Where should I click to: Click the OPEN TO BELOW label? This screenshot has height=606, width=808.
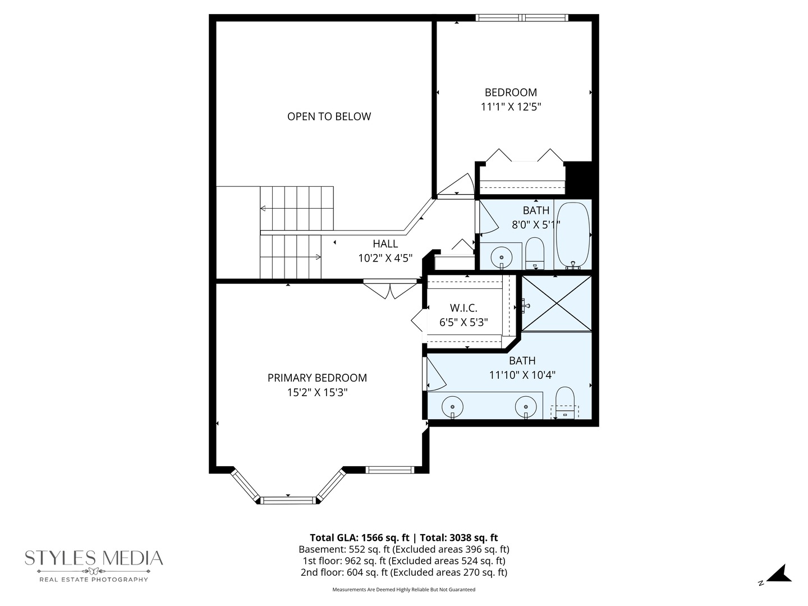pyautogui.click(x=329, y=117)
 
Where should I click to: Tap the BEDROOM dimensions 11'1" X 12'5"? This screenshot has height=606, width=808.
pyautogui.click(x=511, y=107)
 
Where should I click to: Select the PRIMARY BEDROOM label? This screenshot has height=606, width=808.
pyautogui.click(x=317, y=378)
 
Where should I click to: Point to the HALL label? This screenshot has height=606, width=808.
pyautogui.click(x=385, y=244)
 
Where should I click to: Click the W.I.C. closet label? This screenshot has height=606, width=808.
pyautogui.click(x=463, y=308)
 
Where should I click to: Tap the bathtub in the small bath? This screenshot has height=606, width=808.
pyautogui.click(x=572, y=236)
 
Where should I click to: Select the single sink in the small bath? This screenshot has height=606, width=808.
pyautogui.click(x=501, y=258)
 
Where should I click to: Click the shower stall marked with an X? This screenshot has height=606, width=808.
pyautogui.click(x=557, y=303)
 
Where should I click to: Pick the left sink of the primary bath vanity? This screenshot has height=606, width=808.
pyautogui.click(x=452, y=405)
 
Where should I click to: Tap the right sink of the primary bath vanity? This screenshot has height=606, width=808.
pyautogui.click(x=526, y=405)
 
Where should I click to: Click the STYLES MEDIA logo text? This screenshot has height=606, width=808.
pyautogui.click(x=94, y=558)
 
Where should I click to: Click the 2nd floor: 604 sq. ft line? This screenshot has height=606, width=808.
pyautogui.click(x=404, y=572)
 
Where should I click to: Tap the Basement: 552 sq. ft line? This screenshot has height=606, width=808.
pyautogui.click(x=404, y=549)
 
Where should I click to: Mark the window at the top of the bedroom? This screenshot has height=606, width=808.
pyautogui.click(x=522, y=18)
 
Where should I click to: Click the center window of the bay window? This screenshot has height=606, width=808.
pyautogui.click(x=288, y=499)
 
